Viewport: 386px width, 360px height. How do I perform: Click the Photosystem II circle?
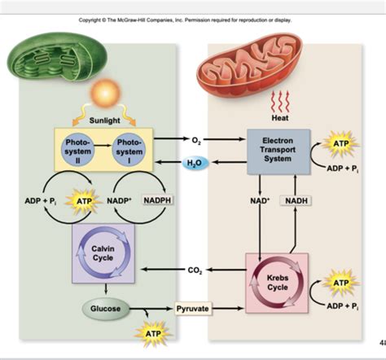[x=77, y=151]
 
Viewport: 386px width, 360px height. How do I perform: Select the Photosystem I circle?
[x=129, y=151]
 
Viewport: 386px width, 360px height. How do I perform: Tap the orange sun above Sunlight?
[x=105, y=93]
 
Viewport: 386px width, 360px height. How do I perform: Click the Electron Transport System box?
[x=279, y=151]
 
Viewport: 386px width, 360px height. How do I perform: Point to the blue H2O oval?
[x=195, y=163]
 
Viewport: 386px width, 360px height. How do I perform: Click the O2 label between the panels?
[x=196, y=140]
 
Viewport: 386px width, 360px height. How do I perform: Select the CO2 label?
[x=195, y=270]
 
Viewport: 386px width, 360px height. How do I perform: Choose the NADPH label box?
[x=157, y=200]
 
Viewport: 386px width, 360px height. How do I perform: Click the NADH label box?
[x=296, y=200]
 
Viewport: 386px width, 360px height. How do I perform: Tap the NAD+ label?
[x=260, y=200]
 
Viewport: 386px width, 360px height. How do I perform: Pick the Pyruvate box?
[x=193, y=309]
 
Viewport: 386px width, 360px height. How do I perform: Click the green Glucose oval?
[x=106, y=309]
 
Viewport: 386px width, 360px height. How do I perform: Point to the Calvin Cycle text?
[x=103, y=253]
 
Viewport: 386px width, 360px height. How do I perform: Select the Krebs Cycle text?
[x=278, y=283]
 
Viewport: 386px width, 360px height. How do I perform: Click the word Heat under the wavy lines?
[x=280, y=118]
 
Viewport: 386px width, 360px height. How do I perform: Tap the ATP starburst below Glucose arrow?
[x=153, y=334]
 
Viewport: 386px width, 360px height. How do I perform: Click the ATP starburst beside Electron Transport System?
[x=340, y=143]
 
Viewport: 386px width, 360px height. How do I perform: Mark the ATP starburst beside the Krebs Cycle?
[x=340, y=283]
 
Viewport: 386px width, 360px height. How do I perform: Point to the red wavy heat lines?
[x=280, y=102]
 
